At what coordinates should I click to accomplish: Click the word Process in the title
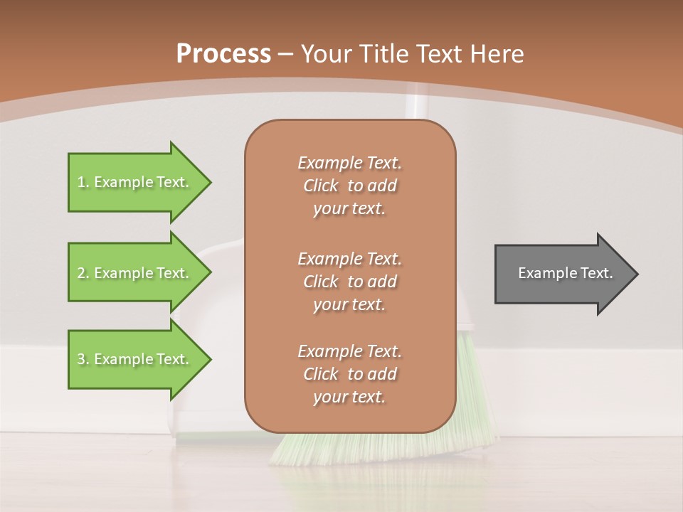(x=223, y=54)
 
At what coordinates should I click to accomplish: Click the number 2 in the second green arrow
(x=81, y=273)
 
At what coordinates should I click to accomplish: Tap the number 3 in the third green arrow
(x=81, y=359)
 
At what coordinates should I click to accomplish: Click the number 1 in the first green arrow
(x=81, y=183)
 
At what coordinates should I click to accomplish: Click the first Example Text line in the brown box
(x=349, y=163)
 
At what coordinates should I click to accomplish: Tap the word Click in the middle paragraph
(x=321, y=282)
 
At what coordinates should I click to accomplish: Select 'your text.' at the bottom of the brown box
(x=349, y=397)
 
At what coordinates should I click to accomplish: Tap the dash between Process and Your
(x=286, y=54)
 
